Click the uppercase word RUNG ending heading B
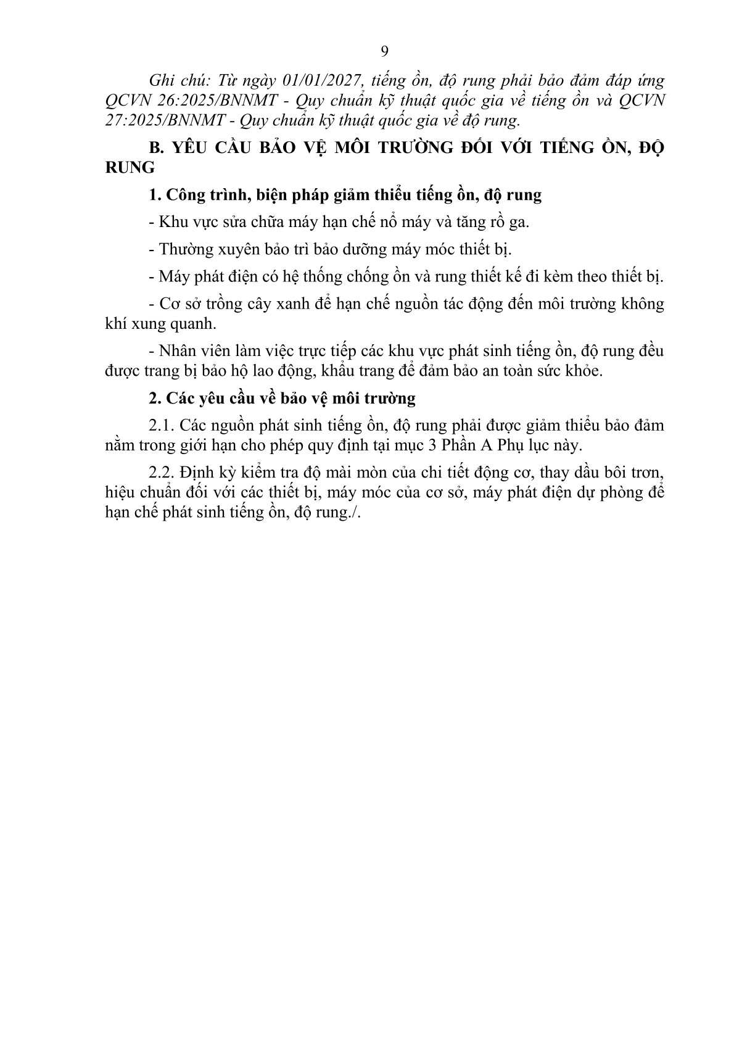[x=130, y=168]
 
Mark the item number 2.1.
[x=163, y=426]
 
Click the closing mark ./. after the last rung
[x=353, y=513]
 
